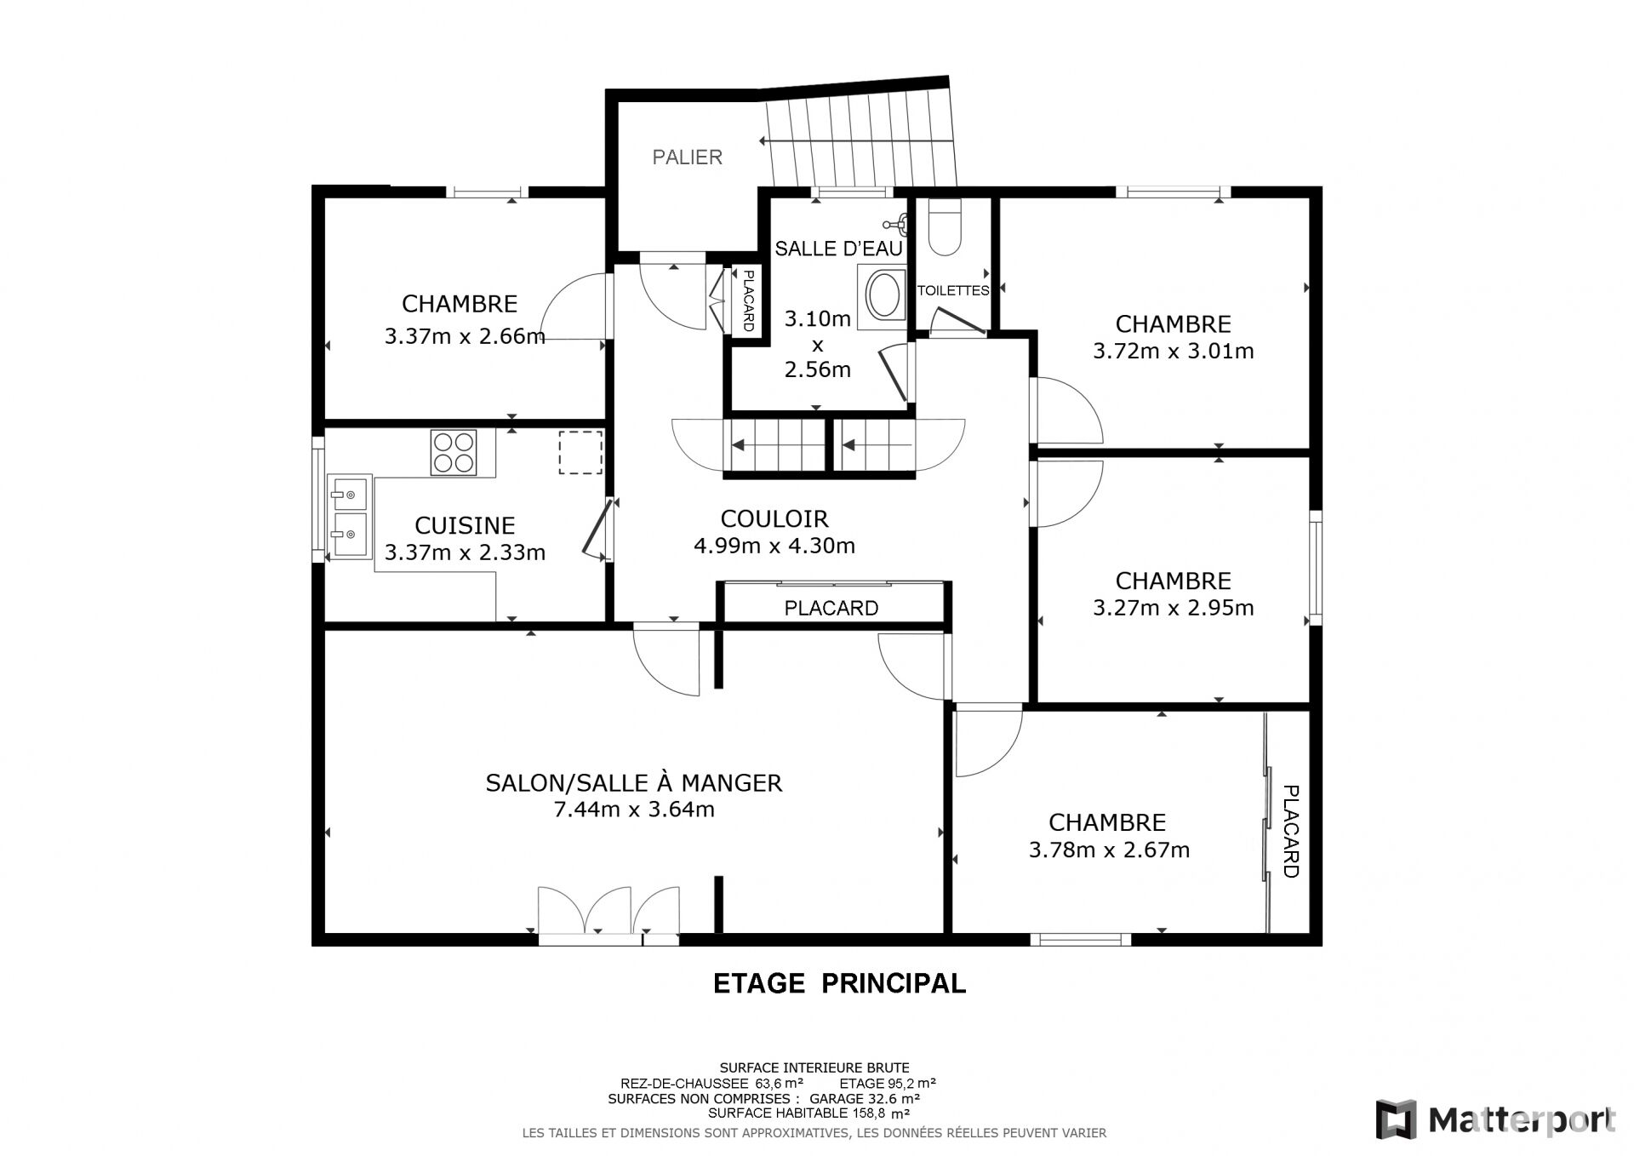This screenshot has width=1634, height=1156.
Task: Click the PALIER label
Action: [687, 157]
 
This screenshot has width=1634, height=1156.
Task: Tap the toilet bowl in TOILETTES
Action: [944, 227]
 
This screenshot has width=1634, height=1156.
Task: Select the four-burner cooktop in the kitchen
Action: [454, 452]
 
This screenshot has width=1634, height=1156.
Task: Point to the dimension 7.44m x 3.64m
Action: [634, 810]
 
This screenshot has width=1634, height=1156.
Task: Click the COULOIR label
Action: [774, 518]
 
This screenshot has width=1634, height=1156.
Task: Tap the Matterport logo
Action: [1496, 1119]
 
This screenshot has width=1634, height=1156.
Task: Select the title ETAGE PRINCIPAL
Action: [839, 983]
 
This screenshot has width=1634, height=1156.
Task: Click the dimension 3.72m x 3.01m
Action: [1173, 351]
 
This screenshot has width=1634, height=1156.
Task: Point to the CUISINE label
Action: [465, 525]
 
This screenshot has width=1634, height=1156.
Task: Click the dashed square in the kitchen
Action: [580, 452]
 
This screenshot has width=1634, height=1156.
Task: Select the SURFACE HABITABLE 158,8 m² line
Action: [808, 1113]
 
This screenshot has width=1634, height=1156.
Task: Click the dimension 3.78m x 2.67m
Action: [1109, 850]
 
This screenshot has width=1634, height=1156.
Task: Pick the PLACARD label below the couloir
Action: [831, 608]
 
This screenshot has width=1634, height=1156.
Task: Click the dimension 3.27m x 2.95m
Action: [1173, 608]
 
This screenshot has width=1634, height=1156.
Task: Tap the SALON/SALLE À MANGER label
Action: [634, 782]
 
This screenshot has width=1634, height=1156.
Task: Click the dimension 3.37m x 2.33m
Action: [465, 552]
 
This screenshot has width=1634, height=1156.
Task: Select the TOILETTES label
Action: [953, 290]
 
